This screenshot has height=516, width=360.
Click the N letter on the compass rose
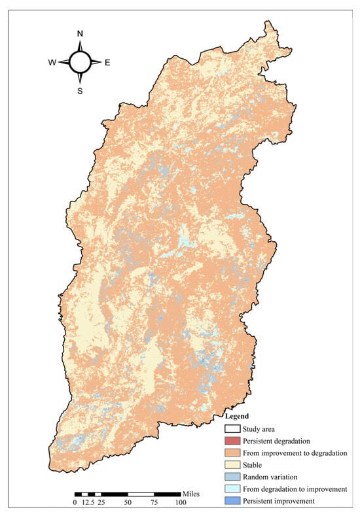(x=80, y=33)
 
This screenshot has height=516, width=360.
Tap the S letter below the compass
(x=80, y=91)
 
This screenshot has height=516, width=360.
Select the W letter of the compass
(x=52, y=63)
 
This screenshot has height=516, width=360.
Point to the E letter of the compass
(x=107, y=63)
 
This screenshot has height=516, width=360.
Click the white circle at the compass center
(x=80, y=62)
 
